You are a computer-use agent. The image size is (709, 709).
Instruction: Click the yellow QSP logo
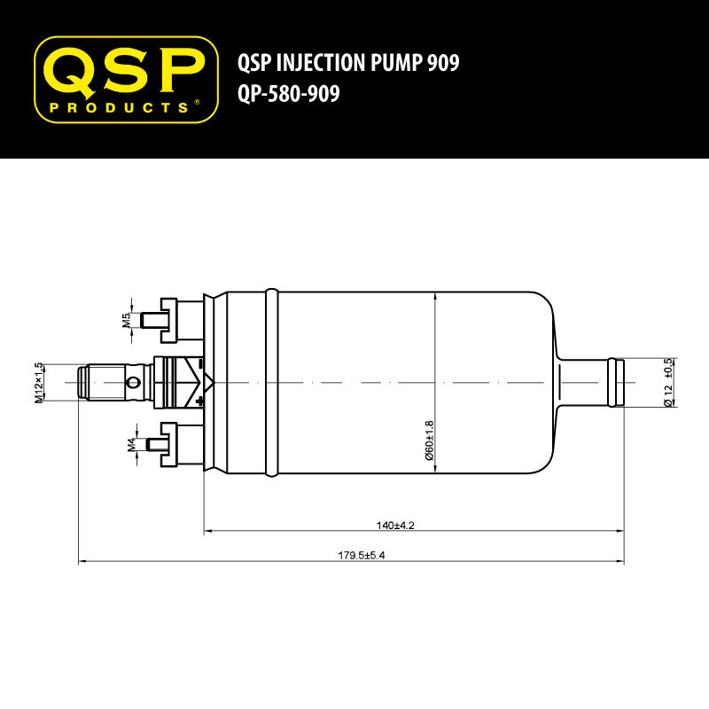(x=126, y=80)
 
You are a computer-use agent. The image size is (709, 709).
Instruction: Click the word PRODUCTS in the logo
(x=119, y=107)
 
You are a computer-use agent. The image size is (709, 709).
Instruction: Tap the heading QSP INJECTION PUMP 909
(x=348, y=62)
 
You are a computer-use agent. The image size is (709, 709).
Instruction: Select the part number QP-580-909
(x=289, y=94)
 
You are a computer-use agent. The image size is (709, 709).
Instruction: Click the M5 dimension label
(x=126, y=320)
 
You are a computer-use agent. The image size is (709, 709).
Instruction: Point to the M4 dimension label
(x=131, y=445)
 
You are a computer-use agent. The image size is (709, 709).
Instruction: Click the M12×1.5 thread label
(x=39, y=383)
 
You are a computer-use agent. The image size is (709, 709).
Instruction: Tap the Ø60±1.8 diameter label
(x=429, y=440)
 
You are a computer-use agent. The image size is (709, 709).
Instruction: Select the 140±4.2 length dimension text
(x=395, y=526)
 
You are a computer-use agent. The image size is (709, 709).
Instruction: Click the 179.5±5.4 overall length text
(x=362, y=556)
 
